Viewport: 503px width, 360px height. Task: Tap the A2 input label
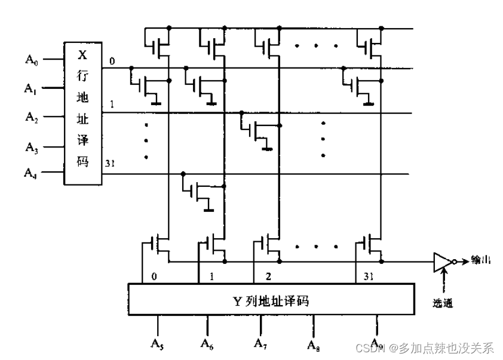click(31, 116)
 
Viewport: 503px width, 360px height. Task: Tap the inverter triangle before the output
click(442, 261)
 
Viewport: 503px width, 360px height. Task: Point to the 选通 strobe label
click(443, 303)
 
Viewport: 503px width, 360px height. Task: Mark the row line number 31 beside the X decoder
click(110, 163)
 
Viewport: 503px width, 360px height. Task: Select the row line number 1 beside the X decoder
click(111, 104)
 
